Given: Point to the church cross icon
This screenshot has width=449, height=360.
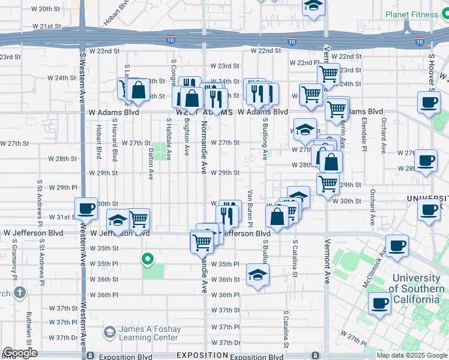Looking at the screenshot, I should (x=19, y=293).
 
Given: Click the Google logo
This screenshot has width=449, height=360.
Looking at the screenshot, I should (x=20, y=353).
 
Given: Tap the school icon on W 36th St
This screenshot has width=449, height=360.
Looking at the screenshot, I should (x=258, y=275).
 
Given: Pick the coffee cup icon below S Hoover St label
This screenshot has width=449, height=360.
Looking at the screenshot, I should (x=429, y=103).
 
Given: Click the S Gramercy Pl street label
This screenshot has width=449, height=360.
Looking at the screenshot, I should (x=13, y=260).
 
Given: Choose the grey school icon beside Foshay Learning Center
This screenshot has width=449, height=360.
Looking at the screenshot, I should (x=109, y=332).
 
